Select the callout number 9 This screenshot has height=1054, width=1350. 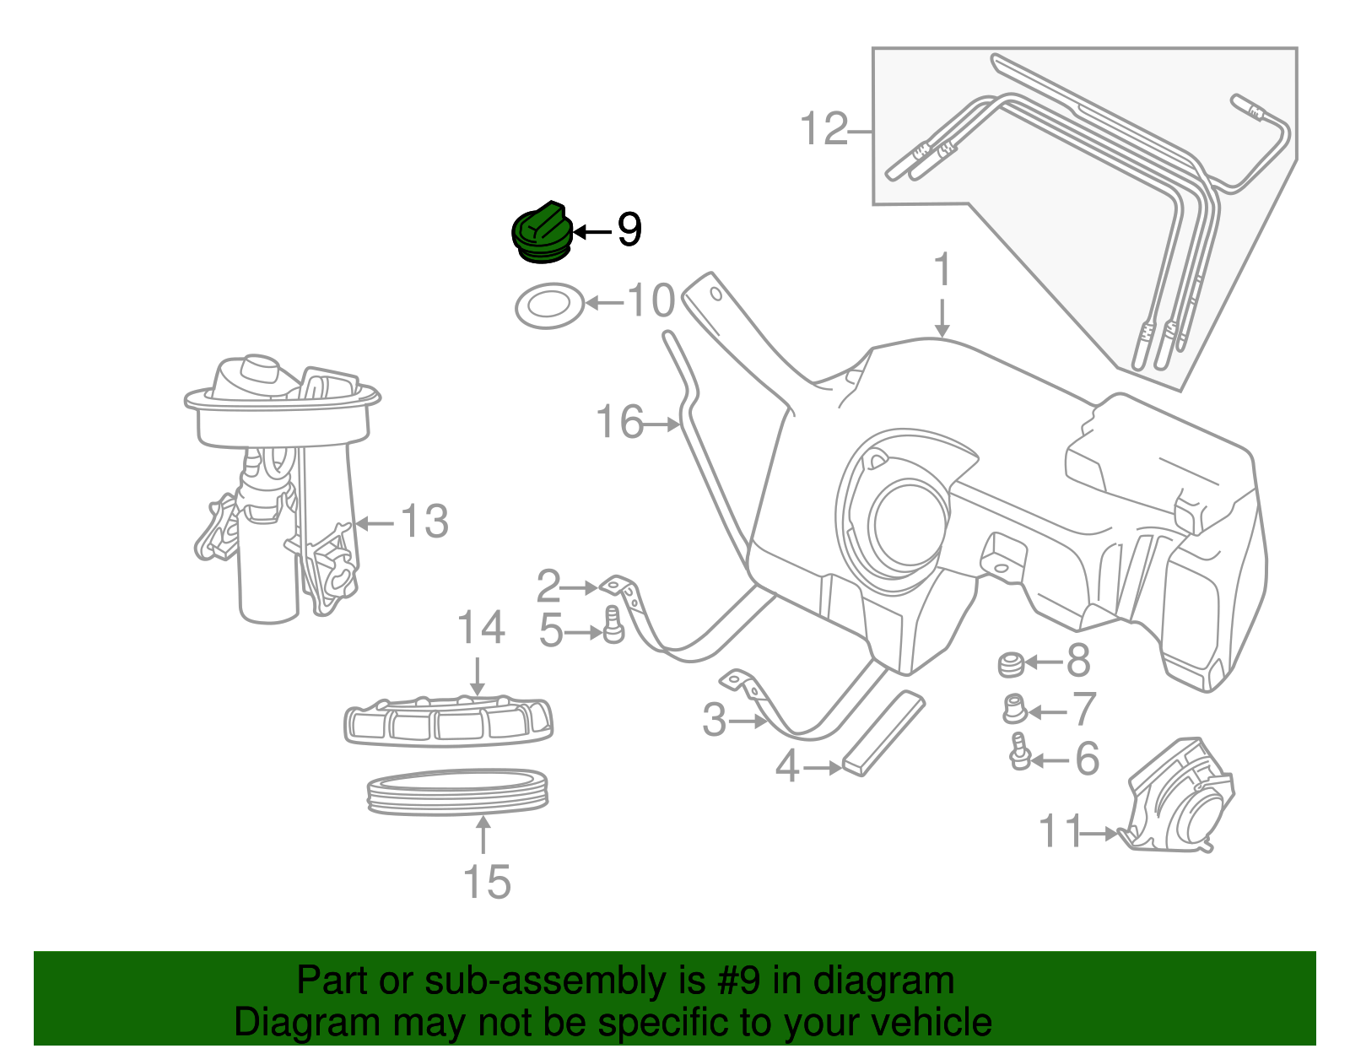(629, 230)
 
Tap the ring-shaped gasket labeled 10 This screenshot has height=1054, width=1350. (549, 306)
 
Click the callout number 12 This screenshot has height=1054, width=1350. (823, 130)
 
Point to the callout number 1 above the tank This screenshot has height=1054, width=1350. (942, 271)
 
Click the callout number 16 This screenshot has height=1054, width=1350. (619, 422)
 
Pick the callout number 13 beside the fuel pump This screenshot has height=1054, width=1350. (424, 522)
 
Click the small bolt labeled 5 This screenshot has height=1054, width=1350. (613, 624)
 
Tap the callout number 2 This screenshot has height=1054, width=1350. (548, 586)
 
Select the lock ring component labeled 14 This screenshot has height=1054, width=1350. (448, 722)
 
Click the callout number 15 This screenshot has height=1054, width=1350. (487, 882)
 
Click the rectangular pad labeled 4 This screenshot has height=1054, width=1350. (883, 733)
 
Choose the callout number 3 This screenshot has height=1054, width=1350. (714, 720)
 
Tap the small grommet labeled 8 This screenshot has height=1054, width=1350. (1010, 664)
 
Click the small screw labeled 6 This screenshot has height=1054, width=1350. (1020, 751)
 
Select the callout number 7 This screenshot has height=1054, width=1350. (1083, 710)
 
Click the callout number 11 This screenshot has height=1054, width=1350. (1060, 831)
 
